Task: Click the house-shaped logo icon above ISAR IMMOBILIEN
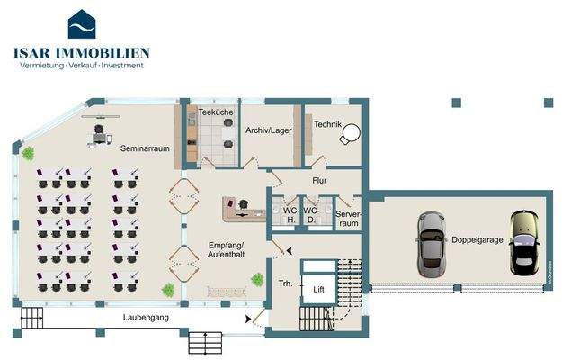pos(82,24)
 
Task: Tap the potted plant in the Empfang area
pos(167,289)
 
